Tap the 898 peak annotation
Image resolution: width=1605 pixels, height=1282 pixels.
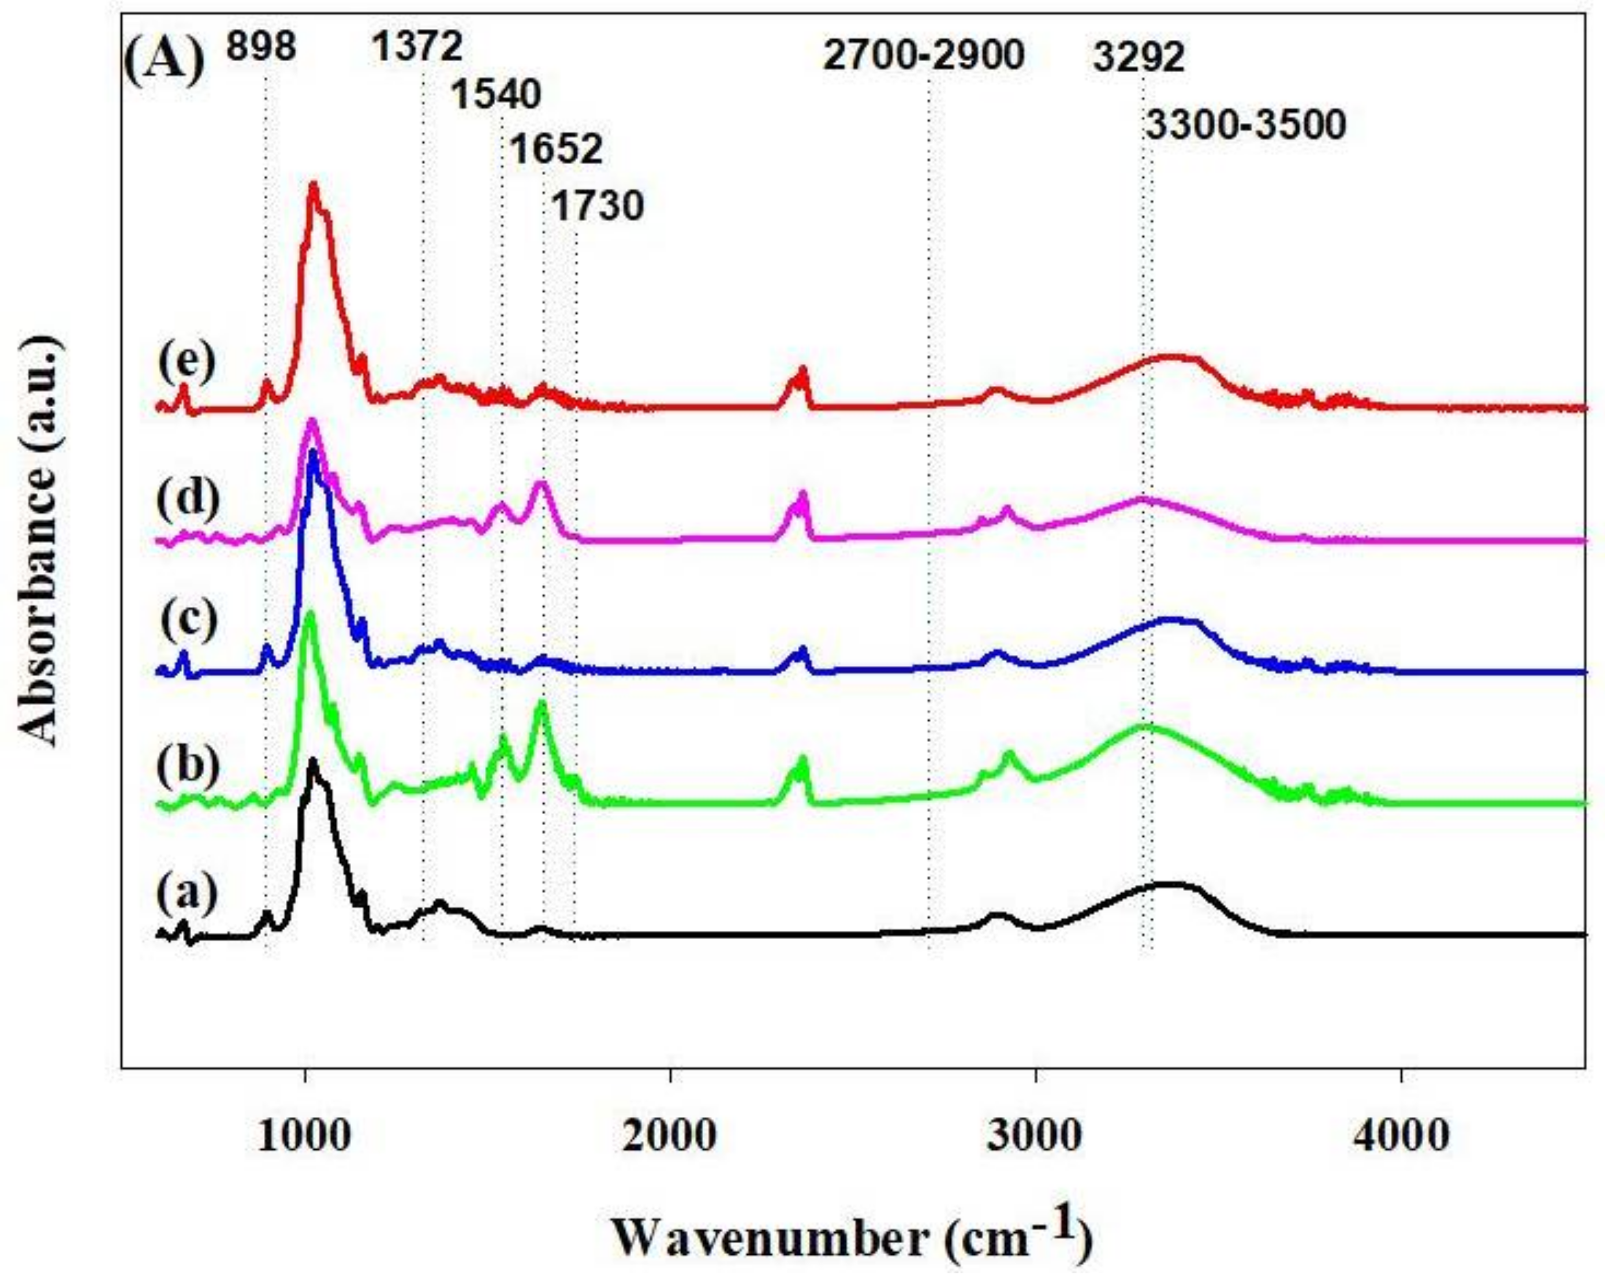[x=262, y=48]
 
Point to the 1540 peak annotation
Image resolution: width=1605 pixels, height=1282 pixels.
[x=497, y=95]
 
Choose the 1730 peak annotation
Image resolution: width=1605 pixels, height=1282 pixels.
[x=597, y=206]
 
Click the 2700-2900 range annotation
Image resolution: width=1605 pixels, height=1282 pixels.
[x=923, y=55]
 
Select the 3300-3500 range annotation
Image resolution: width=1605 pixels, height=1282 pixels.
[x=1245, y=124]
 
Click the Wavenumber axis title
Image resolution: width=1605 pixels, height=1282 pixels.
[x=852, y=1238]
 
